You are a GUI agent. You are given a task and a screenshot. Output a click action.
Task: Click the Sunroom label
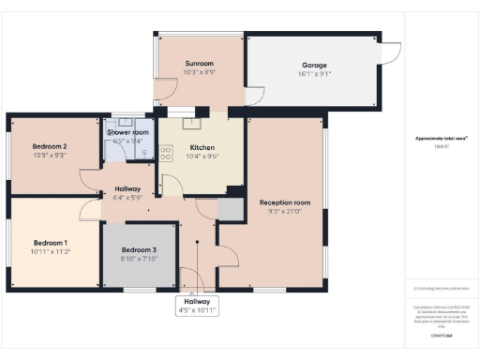tap(199, 64)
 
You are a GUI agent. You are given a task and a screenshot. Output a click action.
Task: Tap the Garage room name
tap(314, 66)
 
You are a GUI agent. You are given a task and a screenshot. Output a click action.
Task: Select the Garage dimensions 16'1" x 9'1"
tap(314, 73)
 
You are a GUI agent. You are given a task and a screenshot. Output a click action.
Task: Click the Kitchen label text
tap(203, 148)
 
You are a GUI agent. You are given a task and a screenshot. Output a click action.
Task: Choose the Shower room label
tap(128, 133)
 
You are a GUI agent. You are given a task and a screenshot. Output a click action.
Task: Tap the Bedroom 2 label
tap(50, 146)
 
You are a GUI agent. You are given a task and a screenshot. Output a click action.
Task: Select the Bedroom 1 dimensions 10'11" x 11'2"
tap(50, 252)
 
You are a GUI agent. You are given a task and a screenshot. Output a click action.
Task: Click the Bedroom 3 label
tap(139, 249)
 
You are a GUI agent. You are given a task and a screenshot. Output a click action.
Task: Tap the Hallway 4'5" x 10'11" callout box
tap(197, 307)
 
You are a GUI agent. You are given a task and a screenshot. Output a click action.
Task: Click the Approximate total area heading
tap(442, 139)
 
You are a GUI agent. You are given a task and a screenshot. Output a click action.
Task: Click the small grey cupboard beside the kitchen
tap(229, 210)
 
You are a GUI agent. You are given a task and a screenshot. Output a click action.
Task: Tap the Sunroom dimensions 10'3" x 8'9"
tap(199, 72)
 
